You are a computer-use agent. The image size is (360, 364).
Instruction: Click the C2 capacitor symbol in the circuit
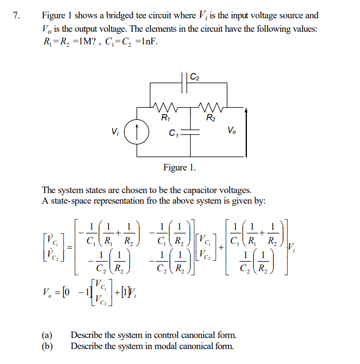(186, 83)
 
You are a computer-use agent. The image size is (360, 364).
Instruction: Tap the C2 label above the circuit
(195, 76)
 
